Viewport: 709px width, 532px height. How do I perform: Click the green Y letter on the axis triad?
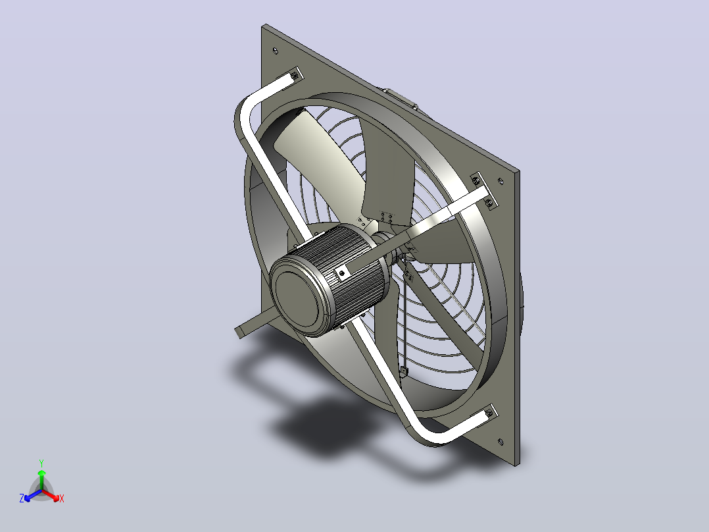[41, 463]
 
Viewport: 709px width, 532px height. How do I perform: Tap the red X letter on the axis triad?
[62, 498]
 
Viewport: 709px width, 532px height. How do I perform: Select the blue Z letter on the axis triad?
[22, 498]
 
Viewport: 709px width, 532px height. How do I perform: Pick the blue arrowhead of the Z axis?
[28, 498]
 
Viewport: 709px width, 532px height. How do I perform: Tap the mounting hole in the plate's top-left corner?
[276, 51]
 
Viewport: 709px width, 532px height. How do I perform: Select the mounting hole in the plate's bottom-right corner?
[500, 442]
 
